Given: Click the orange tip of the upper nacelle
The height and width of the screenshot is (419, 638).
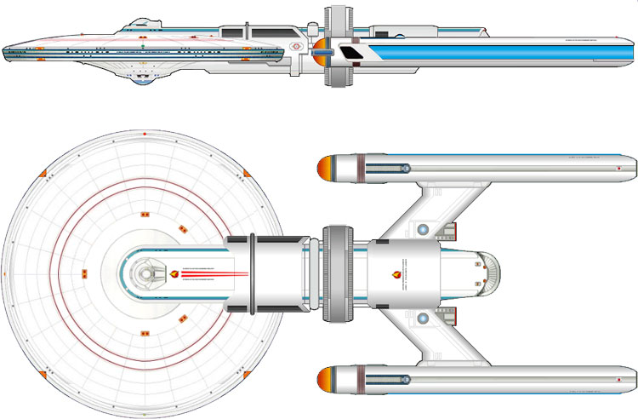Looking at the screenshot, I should [322, 169].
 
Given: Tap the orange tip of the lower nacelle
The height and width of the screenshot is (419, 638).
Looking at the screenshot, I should [322, 380].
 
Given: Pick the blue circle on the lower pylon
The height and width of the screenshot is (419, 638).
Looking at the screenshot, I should [423, 319].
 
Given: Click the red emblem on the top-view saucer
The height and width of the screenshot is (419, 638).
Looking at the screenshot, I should [177, 273].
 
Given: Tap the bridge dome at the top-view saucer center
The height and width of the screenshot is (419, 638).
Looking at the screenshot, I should [150, 273].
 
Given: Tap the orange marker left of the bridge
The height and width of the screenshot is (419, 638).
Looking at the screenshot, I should [84, 273].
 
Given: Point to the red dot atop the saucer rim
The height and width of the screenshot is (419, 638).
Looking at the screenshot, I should [145, 135].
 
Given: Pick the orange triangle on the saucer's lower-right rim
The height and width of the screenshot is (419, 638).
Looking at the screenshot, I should [245, 371].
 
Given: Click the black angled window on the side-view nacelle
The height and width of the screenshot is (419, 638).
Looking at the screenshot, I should [350, 55].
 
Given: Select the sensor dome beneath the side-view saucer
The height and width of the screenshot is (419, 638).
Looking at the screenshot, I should [145, 79].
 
